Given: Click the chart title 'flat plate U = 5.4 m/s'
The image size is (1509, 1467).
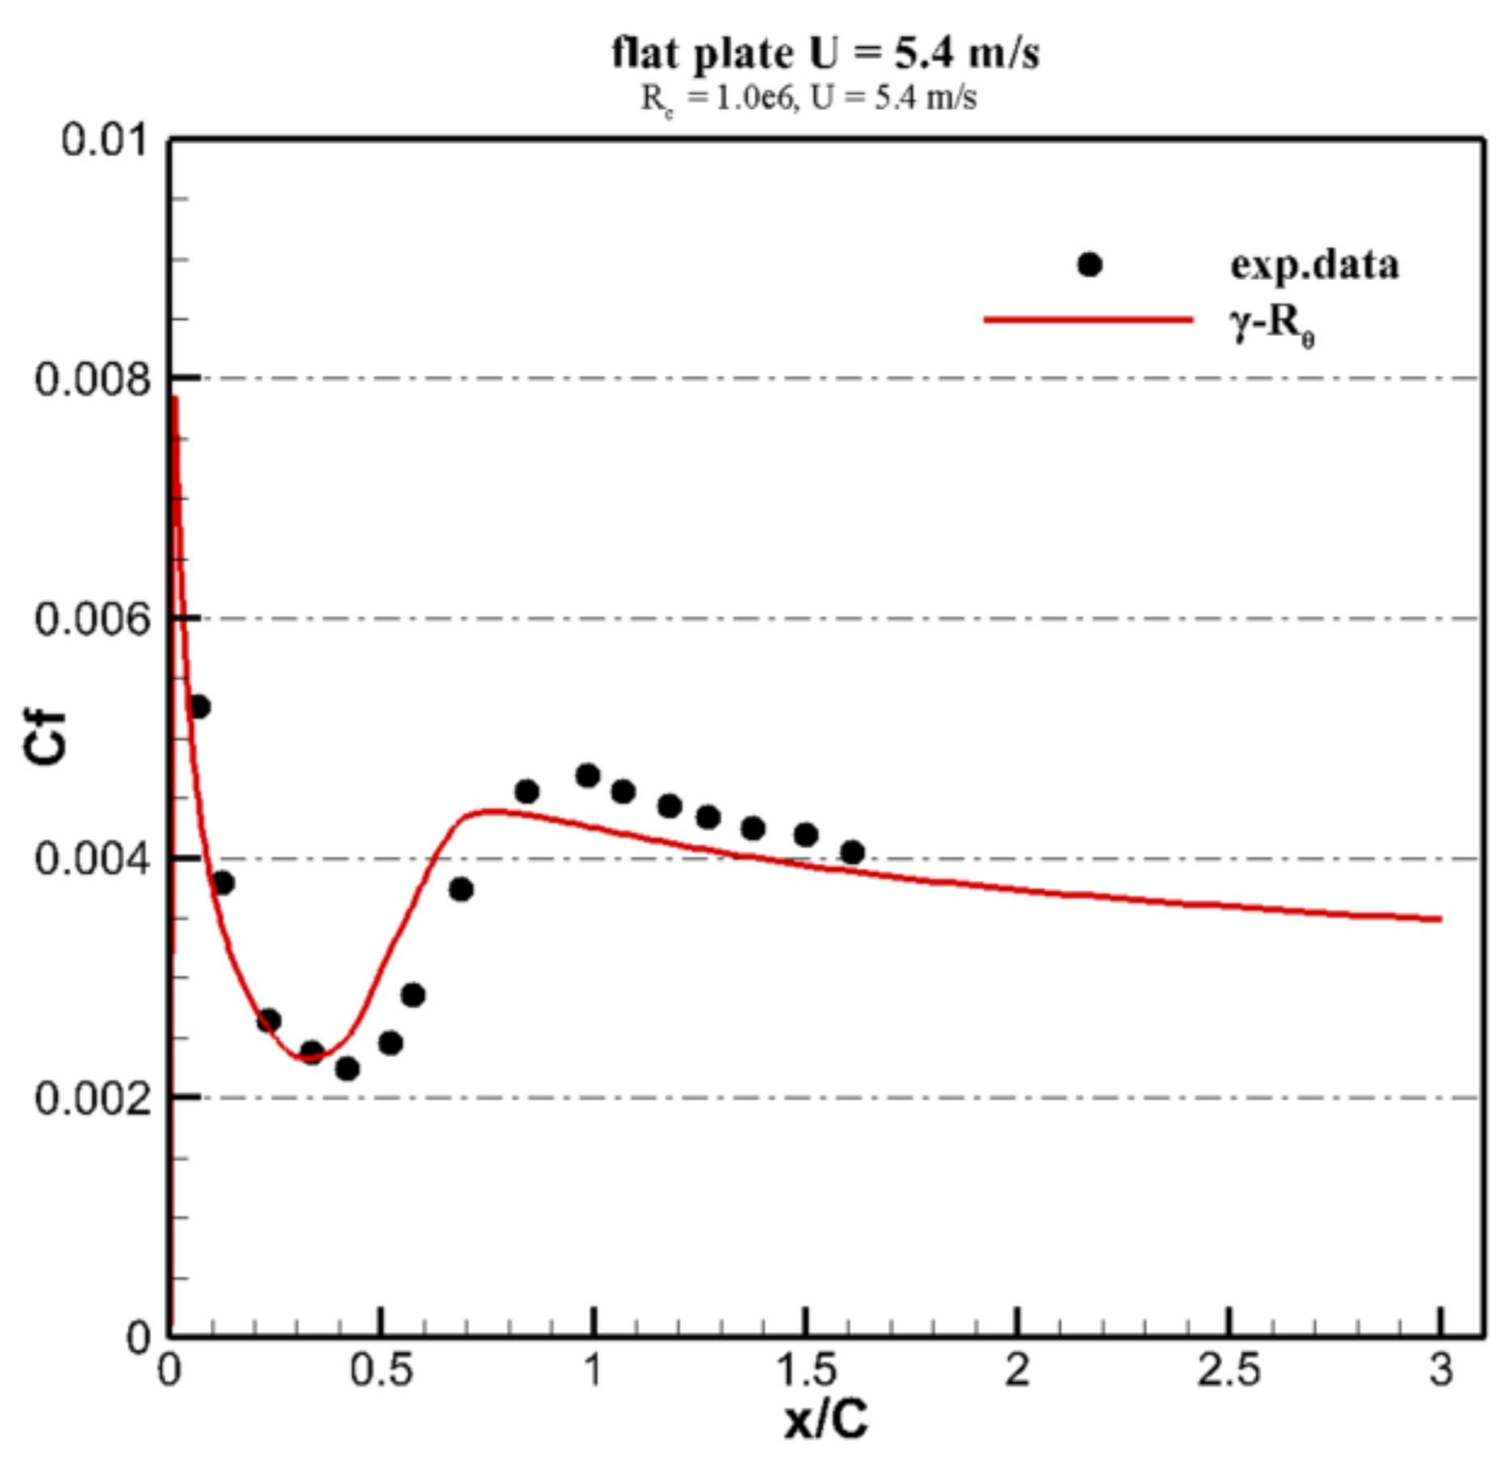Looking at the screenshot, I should pos(825,53).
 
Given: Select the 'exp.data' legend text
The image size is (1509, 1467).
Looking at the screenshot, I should pos(1314,265).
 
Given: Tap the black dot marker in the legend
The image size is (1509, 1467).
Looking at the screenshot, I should pos(1089,265).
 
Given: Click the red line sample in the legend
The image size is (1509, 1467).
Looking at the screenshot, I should pos(1088,320).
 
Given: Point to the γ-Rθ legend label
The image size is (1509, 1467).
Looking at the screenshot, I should pos(1272,325).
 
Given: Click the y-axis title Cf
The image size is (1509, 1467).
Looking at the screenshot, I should pos(45,738).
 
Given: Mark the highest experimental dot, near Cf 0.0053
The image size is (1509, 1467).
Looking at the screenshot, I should pos(198,707).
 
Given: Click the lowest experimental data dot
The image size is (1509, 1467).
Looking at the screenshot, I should pos(347,1069).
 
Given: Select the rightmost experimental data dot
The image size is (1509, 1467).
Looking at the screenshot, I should pos(852,852).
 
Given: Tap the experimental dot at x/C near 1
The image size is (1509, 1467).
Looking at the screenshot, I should pos(587,776).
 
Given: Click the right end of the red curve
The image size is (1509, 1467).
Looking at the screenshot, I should pos(1439,919).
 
